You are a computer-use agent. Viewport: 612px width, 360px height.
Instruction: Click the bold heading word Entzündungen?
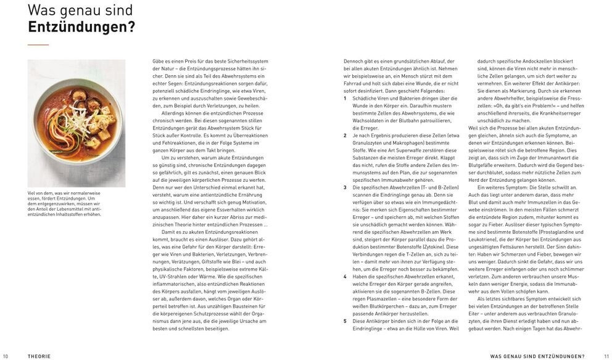(82, 28)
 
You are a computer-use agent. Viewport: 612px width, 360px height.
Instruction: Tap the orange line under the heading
(38, 45)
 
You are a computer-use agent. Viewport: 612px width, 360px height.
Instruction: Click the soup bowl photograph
(77, 123)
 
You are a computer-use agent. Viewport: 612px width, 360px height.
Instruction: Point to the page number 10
(6, 356)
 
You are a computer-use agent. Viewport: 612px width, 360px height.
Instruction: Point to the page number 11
(606, 356)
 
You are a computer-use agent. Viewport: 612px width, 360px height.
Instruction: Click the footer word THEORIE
(39, 356)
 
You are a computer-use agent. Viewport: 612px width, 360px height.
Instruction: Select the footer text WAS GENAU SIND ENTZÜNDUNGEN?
(537, 356)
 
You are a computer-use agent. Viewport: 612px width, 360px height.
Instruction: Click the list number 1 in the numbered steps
(345, 97)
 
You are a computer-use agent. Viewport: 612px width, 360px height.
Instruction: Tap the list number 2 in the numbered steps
(345, 135)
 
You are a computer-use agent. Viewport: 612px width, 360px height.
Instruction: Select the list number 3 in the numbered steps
(345, 186)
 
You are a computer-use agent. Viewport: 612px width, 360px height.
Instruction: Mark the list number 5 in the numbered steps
(345, 321)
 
